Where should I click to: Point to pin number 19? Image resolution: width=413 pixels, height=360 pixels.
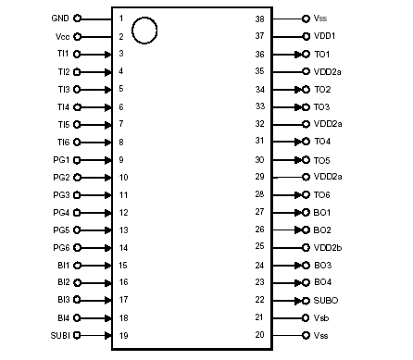point(121,334)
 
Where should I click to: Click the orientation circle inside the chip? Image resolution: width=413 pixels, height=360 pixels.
point(144,31)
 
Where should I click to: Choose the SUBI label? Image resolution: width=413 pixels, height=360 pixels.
point(57,334)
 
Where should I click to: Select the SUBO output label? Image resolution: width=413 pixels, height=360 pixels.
point(325,300)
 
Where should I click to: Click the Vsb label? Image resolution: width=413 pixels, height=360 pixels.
point(321,317)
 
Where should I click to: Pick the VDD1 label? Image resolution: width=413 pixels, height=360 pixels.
point(324,36)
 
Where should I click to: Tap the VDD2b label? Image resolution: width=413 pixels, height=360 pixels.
point(328,247)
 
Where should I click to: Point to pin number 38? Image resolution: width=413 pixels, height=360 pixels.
point(259,19)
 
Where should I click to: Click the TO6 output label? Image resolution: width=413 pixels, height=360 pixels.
point(322,194)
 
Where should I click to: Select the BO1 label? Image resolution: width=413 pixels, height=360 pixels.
point(322,212)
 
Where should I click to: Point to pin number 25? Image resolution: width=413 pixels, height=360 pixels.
point(259,247)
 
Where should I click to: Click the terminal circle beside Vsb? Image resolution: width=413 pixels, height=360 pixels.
point(306,317)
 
